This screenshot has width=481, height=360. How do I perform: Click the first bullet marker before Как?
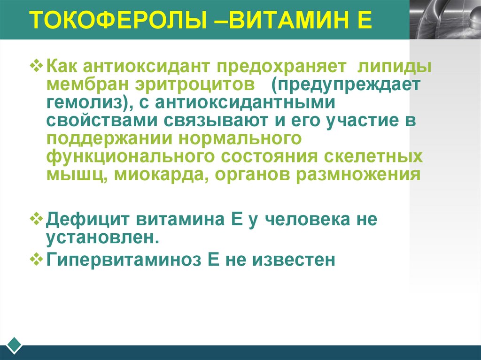[39, 65]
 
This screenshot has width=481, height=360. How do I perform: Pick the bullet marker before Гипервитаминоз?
[39, 259]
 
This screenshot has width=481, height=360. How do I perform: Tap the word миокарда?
[163, 175]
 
